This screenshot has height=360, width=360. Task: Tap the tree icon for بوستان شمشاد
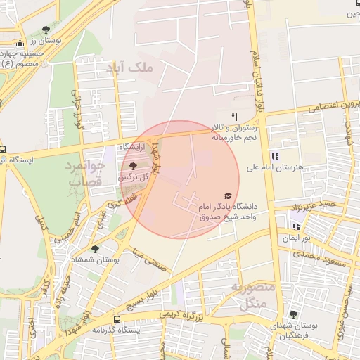coord(95,249)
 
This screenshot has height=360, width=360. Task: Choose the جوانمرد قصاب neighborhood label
coord(86,173)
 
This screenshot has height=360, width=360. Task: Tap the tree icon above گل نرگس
coord(134,165)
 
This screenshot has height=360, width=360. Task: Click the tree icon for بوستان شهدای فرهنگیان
coord(293,315)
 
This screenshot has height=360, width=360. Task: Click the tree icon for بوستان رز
coord(46,30)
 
